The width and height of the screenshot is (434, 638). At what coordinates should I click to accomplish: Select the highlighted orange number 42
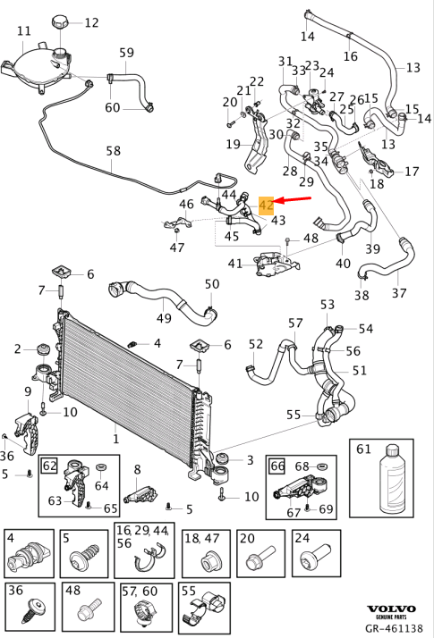coord(266,205)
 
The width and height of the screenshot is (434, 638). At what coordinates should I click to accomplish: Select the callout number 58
coord(112,152)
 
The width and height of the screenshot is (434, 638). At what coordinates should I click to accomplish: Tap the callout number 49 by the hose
coord(165,318)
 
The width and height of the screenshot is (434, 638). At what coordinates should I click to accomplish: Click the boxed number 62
coord(50,465)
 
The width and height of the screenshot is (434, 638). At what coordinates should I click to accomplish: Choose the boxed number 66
coord(277,465)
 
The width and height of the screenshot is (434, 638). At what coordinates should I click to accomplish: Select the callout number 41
coord(235,264)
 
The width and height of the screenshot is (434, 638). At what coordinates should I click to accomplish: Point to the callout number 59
coord(126,53)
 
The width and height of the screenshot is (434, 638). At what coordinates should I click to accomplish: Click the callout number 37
coord(399,293)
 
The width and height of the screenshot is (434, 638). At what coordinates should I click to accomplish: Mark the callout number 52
coord(256,343)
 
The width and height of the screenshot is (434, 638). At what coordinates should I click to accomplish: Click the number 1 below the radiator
coord(115,439)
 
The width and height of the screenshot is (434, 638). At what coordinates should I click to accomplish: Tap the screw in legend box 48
coord(87,615)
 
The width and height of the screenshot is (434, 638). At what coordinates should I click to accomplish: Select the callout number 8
coord(137,469)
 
